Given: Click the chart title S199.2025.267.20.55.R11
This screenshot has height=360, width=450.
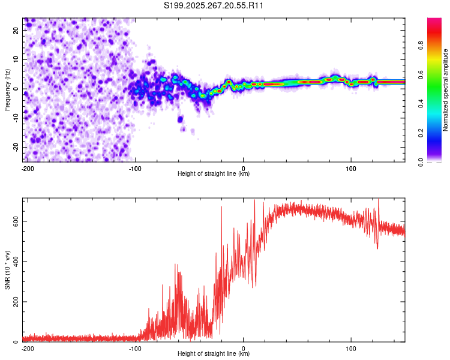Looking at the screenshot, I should click(x=214, y=6).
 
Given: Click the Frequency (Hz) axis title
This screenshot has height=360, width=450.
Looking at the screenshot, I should click(x=7, y=89).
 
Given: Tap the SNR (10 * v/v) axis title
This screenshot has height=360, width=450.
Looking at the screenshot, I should click(x=7, y=269).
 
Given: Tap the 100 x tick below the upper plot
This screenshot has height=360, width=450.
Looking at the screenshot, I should click(x=351, y=167).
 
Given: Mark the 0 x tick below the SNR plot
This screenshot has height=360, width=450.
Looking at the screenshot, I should click(x=244, y=347).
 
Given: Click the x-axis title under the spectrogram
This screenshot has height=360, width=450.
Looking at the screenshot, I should click(x=214, y=173).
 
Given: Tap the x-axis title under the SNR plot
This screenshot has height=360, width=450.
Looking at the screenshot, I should click(x=214, y=353).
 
